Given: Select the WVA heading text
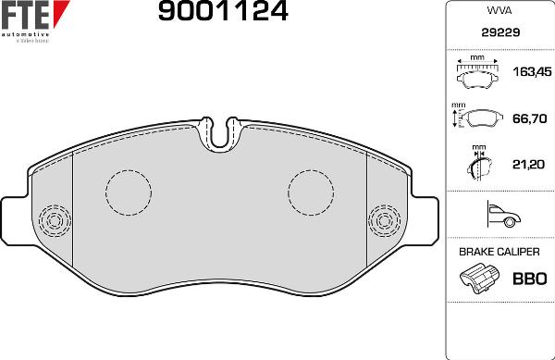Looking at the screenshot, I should pos(499,12).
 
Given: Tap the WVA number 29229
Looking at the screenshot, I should pos(499,32).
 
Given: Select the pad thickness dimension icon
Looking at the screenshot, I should pos(477,165).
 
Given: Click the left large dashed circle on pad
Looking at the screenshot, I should pos(128,192).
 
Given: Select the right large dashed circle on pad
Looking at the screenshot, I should pos(311,192).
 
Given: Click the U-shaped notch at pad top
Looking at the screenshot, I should pos(219,135).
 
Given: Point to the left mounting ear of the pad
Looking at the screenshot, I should pos(14,220).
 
